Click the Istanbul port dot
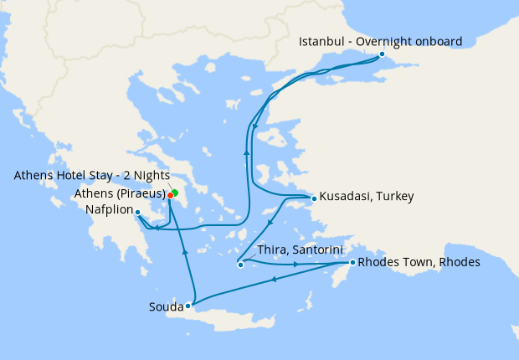pos(382,54)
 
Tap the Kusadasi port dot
pos(313,198)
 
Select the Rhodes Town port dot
pos(352,263)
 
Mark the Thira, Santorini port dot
pos(240,265)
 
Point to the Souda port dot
pos(188,306)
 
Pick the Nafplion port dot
pos(137,212)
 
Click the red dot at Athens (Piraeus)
pos(170,195)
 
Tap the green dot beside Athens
pos(175,193)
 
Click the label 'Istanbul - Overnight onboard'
pos(380,41)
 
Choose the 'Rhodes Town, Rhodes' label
pos(419,262)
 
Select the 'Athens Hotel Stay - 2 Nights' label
pos(91,176)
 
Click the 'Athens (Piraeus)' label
pos(119,193)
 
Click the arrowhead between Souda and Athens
pos(184,250)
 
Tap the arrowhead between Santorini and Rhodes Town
pos(296,265)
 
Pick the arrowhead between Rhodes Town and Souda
pos(275,279)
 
